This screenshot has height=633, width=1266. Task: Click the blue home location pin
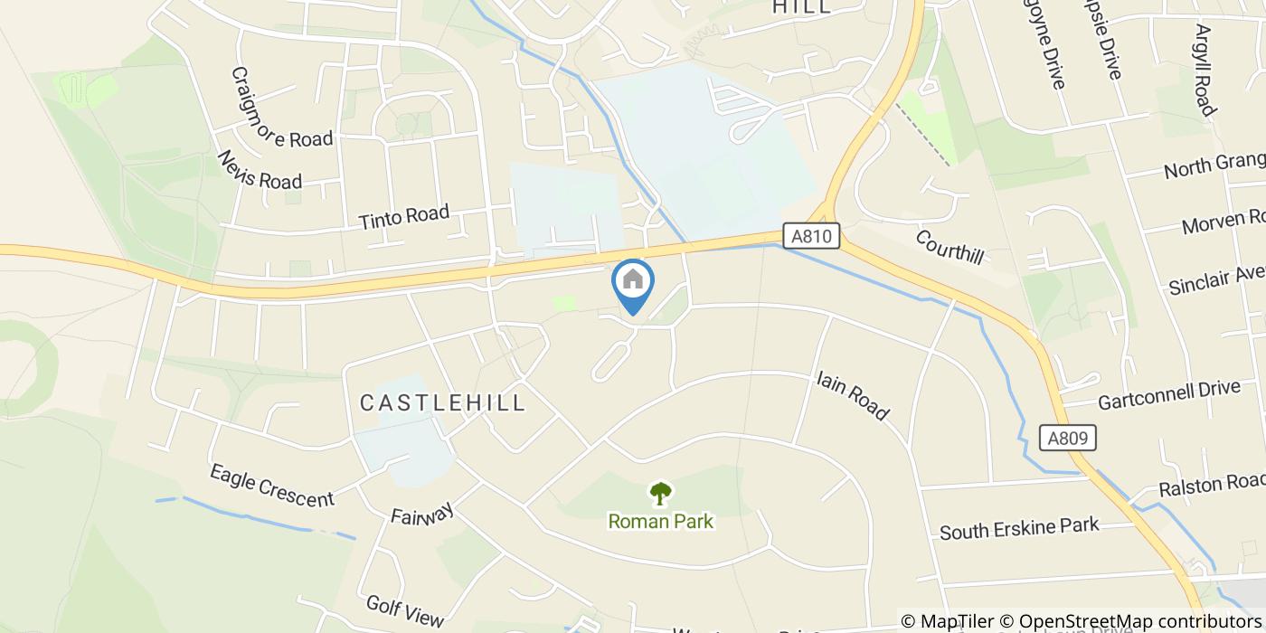pos(633,282)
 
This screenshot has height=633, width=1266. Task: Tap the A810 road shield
pos(811,237)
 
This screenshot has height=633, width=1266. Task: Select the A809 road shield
pos(1067,439)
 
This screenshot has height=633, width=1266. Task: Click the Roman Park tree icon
pos(661,494)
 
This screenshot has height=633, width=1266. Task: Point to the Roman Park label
pos(661,521)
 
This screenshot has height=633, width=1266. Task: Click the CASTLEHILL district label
pos(443,402)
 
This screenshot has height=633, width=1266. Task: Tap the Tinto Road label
pos(403,218)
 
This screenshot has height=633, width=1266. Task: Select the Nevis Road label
pos(259,169)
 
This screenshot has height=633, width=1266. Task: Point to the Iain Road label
pos(852,394)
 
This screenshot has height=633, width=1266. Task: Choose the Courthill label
pos(949,246)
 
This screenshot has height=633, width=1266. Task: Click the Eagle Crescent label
pos(271,486)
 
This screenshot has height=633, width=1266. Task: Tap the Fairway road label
pos(421,515)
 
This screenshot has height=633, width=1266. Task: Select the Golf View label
pos(405,610)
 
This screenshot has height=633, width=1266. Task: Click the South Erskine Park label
pos(1019,527)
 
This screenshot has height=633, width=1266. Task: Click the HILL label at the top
pos(801,7)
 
